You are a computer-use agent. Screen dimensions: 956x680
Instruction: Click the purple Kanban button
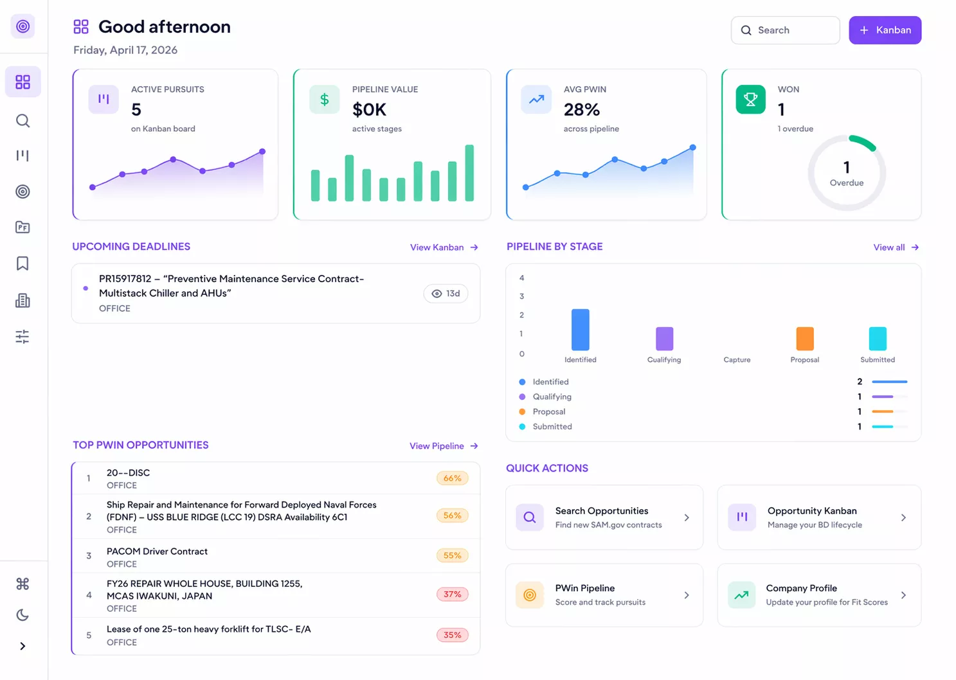pyautogui.click(x=885, y=30)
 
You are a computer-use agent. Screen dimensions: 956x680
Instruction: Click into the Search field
pyautogui.click(x=785, y=30)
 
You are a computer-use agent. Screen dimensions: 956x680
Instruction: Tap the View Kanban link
pyautogui.click(x=444, y=247)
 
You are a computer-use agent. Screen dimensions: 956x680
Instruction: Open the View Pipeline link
pyautogui.click(x=444, y=446)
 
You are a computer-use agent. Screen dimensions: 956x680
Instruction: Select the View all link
pyautogui.click(x=896, y=247)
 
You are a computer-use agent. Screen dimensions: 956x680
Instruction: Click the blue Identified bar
pyautogui.click(x=581, y=330)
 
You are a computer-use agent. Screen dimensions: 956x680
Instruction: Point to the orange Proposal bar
pyautogui.click(x=805, y=339)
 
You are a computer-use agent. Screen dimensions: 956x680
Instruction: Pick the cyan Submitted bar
pyautogui.click(x=878, y=339)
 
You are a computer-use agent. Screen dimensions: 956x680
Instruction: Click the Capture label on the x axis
pyautogui.click(x=737, y=360)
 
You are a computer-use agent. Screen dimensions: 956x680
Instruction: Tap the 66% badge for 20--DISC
pyautogui.click(x=453, y=478)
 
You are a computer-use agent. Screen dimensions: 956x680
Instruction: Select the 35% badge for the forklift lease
pyautogui.click(x=453, y=635)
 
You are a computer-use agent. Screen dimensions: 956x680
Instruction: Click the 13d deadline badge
pyautogui.click(x=446, y=294)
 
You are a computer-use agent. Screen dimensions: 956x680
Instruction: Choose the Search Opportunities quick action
pyautogui.click(x=604, y=517)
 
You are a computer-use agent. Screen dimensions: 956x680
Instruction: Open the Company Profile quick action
pyautogui.click(x=820, y=595)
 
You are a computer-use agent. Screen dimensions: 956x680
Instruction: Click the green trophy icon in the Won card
pyautogui.click(x=751, y=100)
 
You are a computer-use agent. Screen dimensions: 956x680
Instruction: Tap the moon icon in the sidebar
pyautogui.click(x=23, y=614)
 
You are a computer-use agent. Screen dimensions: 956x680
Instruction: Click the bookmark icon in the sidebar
pyautogui.click(x=23, y=264)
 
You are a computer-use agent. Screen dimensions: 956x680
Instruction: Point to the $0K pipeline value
pyautogui.click(x=369, y=110)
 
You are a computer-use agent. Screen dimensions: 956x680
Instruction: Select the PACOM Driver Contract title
pyautogui.click(x=157, y=551)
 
